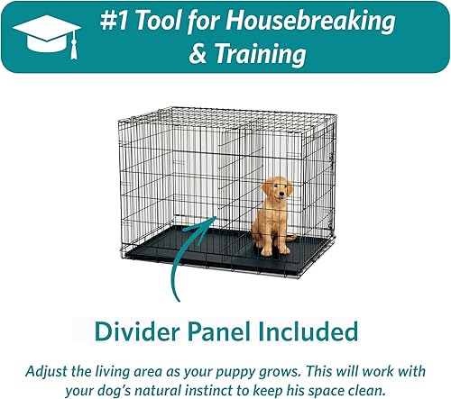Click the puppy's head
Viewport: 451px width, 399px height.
point(277,190)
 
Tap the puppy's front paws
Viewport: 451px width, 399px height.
point(270,250)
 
